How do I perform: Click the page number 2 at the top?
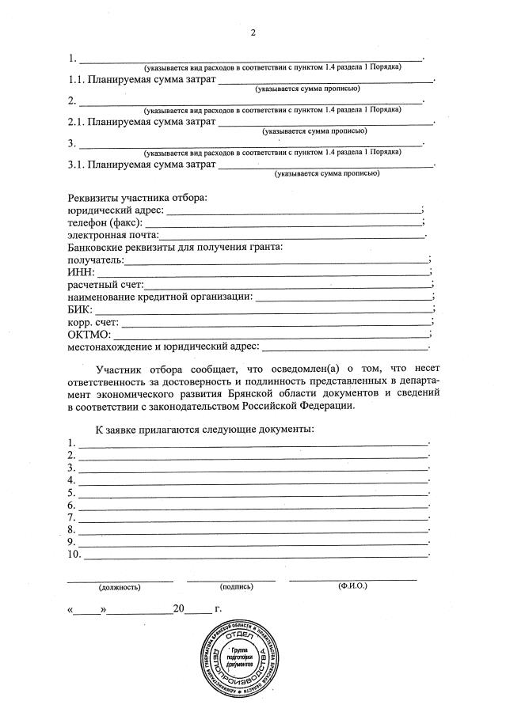tap(253, 32)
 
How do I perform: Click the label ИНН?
tap(79, 271)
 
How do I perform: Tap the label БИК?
tap(79, 309)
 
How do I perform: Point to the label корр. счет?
tap(93, 322)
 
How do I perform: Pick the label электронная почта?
tap(113, 235)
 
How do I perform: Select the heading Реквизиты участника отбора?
tap(136, 197)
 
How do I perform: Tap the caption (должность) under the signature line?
tap(119, 588)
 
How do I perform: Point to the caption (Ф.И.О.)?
tap(352, 586)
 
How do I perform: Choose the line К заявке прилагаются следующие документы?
tap(205, 429)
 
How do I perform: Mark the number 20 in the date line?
tap(179, 609)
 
